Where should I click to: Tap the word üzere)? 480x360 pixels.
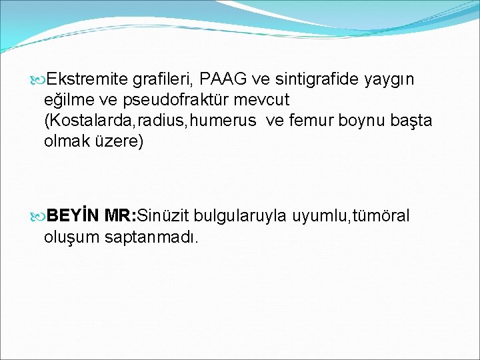[x=121, y=142]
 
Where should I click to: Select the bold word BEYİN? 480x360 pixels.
[x=73, y=215]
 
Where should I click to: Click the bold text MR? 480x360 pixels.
[x=121, y=215]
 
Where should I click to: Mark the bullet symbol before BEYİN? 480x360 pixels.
[x=37, y=216]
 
